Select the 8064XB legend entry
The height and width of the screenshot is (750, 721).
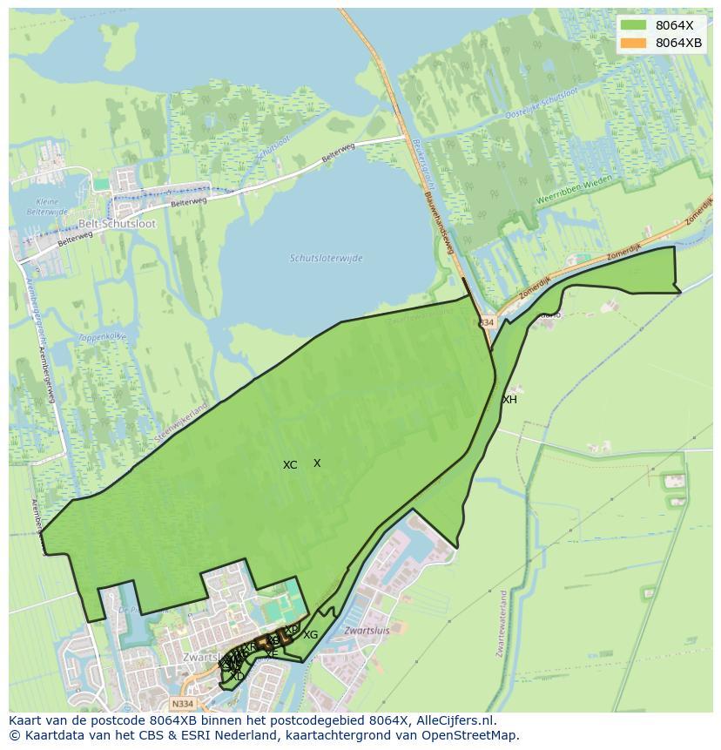(678, 43)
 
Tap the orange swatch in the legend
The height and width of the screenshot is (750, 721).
(634, 43)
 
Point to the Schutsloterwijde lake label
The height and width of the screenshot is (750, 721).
(326, 259)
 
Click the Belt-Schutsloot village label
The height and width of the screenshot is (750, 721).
(117, 224)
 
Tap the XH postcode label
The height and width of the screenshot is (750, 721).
(509, 400)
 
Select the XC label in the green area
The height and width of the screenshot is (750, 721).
(290, 465)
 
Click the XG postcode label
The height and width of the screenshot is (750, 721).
(310, 635)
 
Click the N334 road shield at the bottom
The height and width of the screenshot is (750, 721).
(182, 704)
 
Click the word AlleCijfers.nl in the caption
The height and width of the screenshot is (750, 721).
(455, 721)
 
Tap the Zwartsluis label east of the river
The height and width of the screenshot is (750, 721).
(366, 630)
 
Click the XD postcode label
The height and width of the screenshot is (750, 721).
(237, 676)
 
